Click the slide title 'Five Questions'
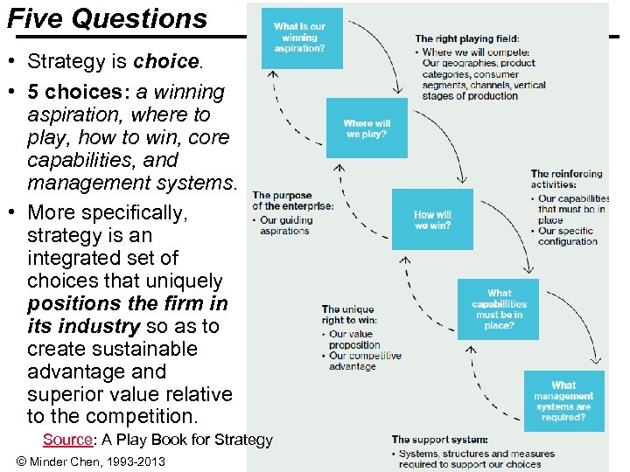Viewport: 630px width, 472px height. coord(107,18)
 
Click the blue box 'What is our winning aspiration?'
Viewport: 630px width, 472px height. coord(302,38)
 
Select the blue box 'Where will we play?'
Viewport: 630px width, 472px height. coord(367,128)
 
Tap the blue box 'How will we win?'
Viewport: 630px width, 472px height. coord(432,219)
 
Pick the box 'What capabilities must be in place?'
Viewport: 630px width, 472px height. coord(499,309)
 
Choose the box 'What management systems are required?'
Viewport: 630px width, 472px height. coord(563,401)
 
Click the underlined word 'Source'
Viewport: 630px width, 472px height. coord(67,440)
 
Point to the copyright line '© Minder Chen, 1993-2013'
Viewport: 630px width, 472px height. coord(90,462)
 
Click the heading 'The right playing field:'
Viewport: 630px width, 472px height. coord(466,38)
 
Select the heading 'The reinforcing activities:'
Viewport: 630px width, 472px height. coord(565,179)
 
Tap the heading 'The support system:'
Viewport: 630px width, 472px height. coord(439,440)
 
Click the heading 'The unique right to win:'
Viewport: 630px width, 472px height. coord(348,315)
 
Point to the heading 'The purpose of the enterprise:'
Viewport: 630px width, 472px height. coord(292,200)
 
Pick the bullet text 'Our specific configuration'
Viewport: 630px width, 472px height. coord(570,236)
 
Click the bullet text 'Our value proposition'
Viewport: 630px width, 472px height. coord(353,339)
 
